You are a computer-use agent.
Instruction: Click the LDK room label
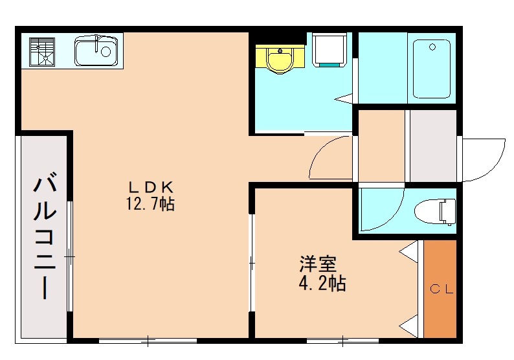(150, 188)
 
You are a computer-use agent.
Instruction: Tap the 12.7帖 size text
(150, 204)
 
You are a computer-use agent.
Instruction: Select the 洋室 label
(318, 265)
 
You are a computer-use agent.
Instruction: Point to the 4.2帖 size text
(322, 284)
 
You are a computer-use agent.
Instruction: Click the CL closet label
(441, 289)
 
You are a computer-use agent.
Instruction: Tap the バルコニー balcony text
(45, 238)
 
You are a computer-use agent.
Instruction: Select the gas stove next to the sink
(42, 52)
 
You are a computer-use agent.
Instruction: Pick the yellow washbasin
(280, 60)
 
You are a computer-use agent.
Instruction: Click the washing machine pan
(329, 49)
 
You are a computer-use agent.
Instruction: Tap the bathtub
(431, 69)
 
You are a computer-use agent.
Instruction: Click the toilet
(435, 212)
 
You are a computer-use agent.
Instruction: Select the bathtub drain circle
(432, 47)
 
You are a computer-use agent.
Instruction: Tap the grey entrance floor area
(433, 146)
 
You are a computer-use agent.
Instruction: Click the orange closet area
(440, 289)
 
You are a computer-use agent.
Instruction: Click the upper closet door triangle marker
(408, 251)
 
